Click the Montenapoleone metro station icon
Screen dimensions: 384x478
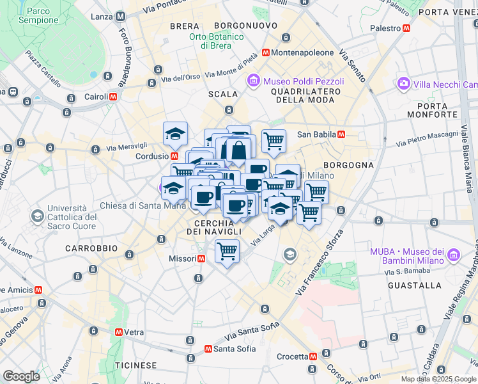pyautogui.click(x=265, y=52)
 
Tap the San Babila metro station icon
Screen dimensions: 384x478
pyautogui.click(x=341, y=134)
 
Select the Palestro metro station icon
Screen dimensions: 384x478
pyautogui.click(x=406, y=28)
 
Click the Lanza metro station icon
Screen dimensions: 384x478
pyautogui.click(x=119, y=17)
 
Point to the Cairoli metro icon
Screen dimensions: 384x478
pyautogui.click(x=113, y=97)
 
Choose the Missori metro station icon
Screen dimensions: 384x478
pyautogui.click(x=201, y=259)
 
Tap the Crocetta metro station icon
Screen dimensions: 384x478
pyautogui.click(x=312, y=356)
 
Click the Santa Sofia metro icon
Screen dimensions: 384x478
pyautogui.click(x=208, y=349)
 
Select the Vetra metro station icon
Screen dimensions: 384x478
pyautogui.click(x=118, y=332)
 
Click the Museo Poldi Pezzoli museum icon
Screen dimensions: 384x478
pyautogui.click(x=254, y=81)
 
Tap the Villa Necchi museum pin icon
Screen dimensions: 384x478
pyautogui.click(x=403, y=84)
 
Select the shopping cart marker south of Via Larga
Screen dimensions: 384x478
pyautogui.click(x=227, y=250)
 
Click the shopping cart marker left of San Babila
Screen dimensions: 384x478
pyautogui.click(x=274, y=140)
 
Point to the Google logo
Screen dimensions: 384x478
pyautogui.click(x=21, y=376)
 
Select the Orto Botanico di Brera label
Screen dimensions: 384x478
pyautogui.click(x=216, y=41)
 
